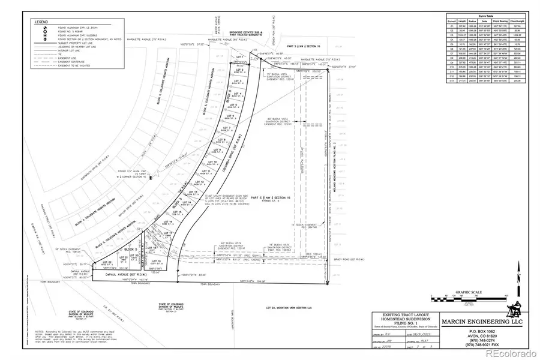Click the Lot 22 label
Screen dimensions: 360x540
click(107, 262)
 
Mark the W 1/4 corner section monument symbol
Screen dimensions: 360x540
click(150, 178)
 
